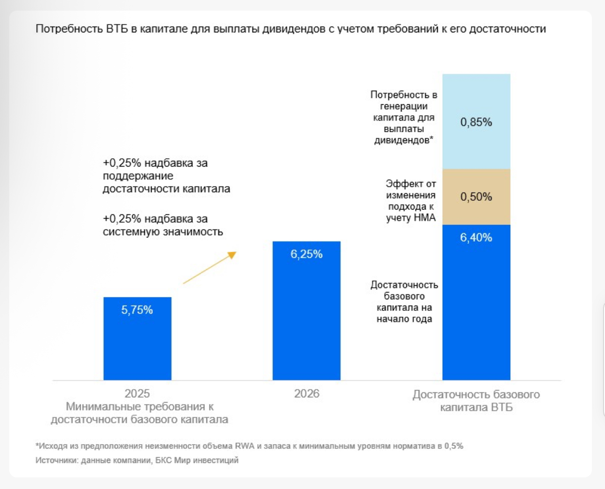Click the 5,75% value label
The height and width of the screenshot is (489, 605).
(x=137, y=310)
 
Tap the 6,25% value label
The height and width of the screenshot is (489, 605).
(x=306, y=254)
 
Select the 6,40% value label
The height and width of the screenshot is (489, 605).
(x=476, y=238)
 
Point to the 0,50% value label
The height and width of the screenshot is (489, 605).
(x=476, y=197)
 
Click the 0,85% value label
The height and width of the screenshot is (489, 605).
(x=476, y=122)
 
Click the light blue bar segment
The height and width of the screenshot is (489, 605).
(x=476, y=97)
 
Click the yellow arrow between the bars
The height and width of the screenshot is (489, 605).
(x=209, y=268)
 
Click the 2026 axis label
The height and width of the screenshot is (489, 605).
(x=306, y=393)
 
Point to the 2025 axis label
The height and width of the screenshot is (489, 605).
(x=137, y=393)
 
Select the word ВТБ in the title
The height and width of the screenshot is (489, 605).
(x=117, y=29)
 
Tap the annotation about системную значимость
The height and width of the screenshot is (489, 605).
(x=162, y=225)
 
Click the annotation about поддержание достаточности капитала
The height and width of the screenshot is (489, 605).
(x=166, y=176)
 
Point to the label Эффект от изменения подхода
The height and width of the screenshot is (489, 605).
(x=411, y=201)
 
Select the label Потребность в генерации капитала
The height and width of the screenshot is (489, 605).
(x=403, y=117)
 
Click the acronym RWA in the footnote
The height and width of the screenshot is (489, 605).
(x=245, y=446)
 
